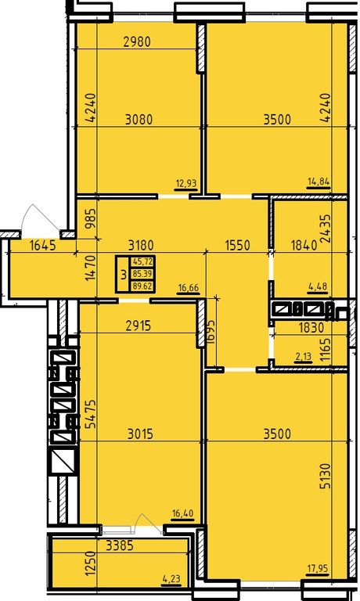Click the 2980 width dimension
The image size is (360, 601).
(x=137, y=41)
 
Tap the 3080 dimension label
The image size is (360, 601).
(x=139, y=119)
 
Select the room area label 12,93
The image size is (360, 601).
(x=186, y=184)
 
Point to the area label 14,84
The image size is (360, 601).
(x=319, y=182)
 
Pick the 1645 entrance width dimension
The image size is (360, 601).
(x=42, y=245)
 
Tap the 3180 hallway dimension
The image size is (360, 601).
(x=141, y=245)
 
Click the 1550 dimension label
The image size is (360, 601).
(x=237, y=245)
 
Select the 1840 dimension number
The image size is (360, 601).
(x=304, y=245)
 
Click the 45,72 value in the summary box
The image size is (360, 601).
(x=142, y=262)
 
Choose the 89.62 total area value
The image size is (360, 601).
(x=142, y=286)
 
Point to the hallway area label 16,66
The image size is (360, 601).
(x=189, y=288)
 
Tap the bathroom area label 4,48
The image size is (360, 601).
(x=319, y=286)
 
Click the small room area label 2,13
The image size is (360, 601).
(x=303, y=357)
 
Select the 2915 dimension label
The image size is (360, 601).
(x=139, y=326)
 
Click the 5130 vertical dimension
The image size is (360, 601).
(x=325, y=475)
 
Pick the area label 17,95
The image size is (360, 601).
(x=318, y=568)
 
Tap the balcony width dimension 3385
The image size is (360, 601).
(x=120, y=545)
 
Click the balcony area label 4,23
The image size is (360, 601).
(x=171, y=579)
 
